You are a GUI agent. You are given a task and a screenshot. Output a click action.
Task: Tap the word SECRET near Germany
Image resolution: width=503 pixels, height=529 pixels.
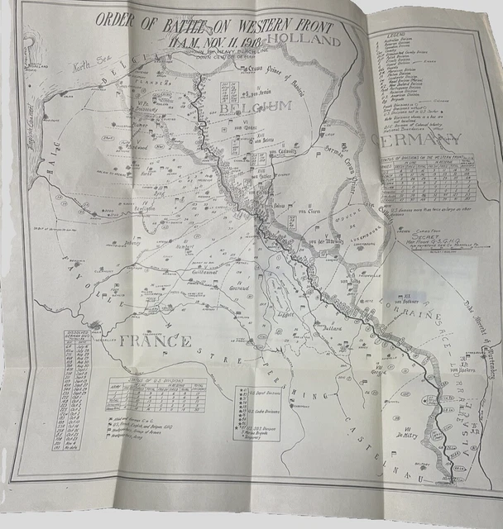pyautogui.click(x=401, y=234)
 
